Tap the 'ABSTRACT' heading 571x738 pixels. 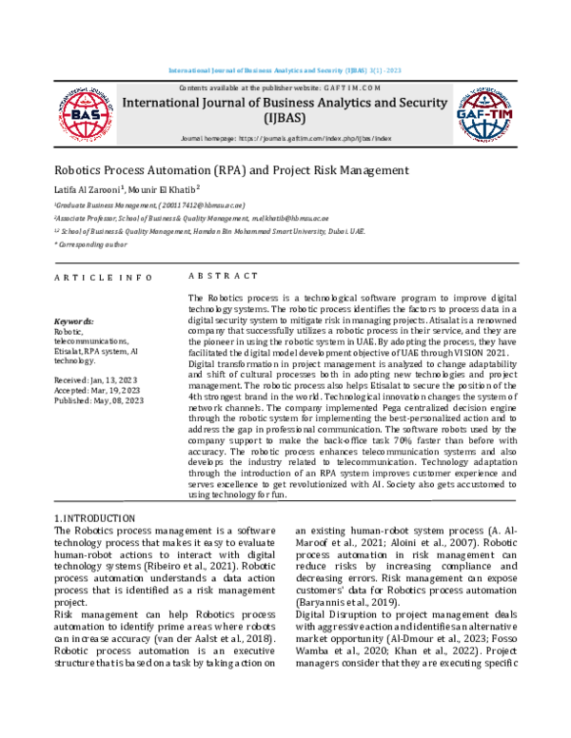(223, 276)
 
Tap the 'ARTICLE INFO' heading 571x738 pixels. (102, 277)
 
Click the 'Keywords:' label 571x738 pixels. (74, 322)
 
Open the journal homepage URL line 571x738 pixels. (285, 139)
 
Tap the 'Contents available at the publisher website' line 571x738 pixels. (285, 87)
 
